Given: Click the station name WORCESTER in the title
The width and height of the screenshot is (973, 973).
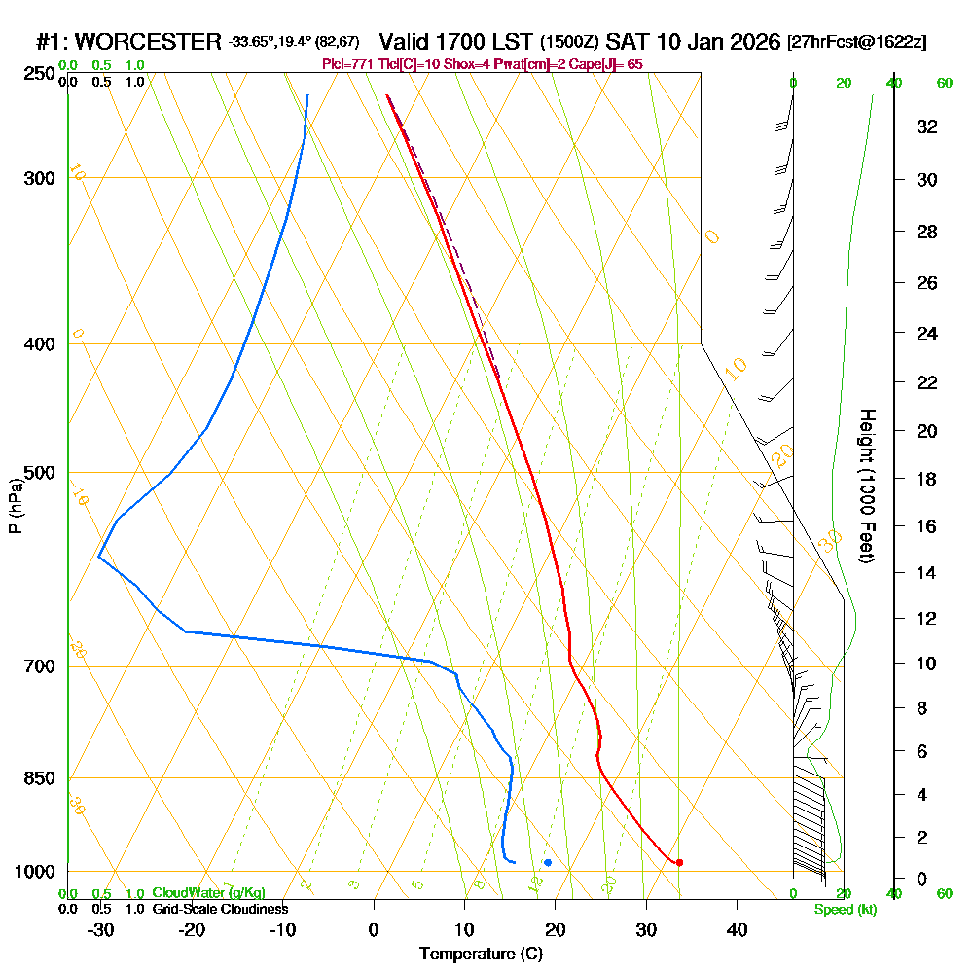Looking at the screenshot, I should pyautogui.click(x=148, y=42).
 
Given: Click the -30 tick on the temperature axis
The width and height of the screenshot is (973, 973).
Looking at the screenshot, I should pyautogui.click(x=101, y=930).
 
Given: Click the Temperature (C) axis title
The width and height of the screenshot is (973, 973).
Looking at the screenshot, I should pyautogui.click(x=481, y=955).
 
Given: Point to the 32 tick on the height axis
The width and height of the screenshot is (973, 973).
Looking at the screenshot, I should pyautogui.click(x=927, y=126).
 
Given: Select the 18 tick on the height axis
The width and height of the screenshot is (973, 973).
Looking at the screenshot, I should pyautogui.click(x=927, y=479).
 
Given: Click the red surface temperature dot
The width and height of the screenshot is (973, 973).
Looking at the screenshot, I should pyautogui.click(x=679, y=862).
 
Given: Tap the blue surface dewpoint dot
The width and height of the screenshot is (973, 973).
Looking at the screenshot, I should pyautogui.click(x=548, y=862).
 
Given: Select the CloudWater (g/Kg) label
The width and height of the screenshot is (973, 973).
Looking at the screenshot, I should pyautogui.click(x=208, y=893).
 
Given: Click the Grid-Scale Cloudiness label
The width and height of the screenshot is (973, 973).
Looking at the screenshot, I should pyautogui.click(x=220, y=909).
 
